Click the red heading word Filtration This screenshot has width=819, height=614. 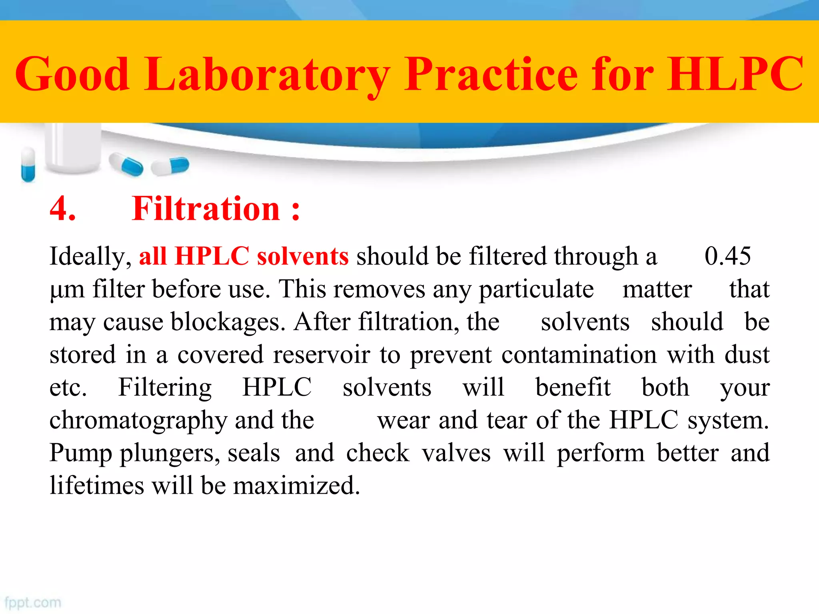click(206, 209)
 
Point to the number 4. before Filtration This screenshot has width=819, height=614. click(62, 209)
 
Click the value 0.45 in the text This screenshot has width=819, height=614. click(727, 256)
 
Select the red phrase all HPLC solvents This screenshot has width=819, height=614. click(244, 256)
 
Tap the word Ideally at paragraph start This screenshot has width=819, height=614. click(90, 257)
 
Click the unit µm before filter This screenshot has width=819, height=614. click(67, 289)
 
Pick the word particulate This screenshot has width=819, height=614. click(536, 289)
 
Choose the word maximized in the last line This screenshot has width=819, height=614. click(296, 486)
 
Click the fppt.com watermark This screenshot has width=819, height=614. click(33, 602)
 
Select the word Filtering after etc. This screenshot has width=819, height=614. click(165, 388)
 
